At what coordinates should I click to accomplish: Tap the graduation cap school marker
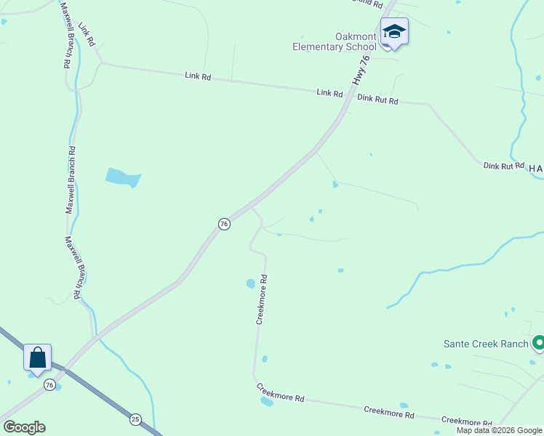pyautogui.click(x=394, y=32)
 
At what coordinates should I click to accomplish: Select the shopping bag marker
pyautogui.click(x=37, y=358)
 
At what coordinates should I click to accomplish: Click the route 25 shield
pyautogui.click(x=135, y=419)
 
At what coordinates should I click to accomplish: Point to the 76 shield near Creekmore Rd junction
pyautogui.click(x=224, y=224)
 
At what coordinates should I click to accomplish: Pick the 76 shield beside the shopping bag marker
pyautogui.click(x=49, y=384)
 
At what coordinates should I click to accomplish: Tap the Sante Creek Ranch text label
pyautogui.click(x=487, y=343)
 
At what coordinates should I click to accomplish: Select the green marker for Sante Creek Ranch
pyautogui.click(x=539, y=342)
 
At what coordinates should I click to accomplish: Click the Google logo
pyautogui.click(x=24, y=427)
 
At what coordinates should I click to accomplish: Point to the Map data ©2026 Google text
pyautogui.click(x=500, y=430)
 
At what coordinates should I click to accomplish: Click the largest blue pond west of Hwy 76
pyautogui.click(x=122, y=177)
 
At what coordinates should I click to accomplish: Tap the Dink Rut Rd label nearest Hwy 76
pyautogui.click(x=377, y=100)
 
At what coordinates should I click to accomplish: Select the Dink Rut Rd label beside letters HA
pyautogui.click(x=503, y=166)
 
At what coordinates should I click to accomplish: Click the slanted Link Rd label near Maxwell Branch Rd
pyautogui.click(x=87, y=34)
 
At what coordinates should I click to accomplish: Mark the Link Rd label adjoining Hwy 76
pyautogui.click(x=329, y=93)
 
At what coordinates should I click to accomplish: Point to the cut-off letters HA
pyautogui.click(x=536, y=169)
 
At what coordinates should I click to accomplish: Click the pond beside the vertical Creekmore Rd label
pyautogui.click(x=250, y=283)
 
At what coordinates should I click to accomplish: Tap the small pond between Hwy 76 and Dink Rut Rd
pyautogui.click(x=335, y=185)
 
